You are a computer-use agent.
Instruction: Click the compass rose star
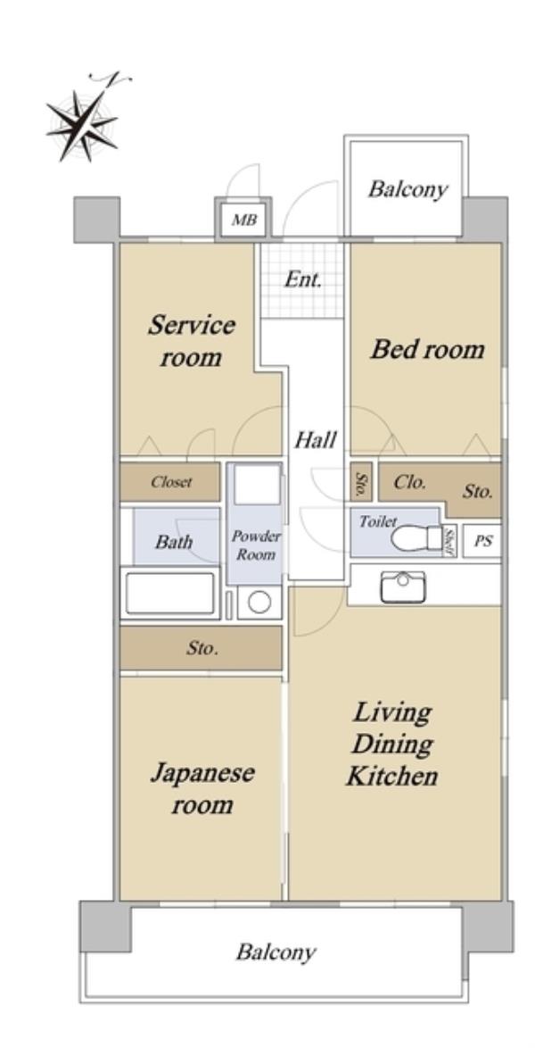[81, 125]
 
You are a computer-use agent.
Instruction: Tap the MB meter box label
[243, 220]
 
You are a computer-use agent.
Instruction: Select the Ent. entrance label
[302, 279]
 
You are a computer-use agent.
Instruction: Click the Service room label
[191, 341]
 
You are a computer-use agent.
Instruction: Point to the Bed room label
[427, 349]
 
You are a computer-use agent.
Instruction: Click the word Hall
[316, 440]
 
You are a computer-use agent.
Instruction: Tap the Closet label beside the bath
[171, 482]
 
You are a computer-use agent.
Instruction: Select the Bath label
[174, 541]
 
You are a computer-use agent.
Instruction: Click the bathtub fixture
[170, 593]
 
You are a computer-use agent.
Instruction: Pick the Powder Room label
[256, 545]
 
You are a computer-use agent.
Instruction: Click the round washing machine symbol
[259, 603]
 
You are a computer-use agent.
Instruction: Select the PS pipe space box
[482, 541]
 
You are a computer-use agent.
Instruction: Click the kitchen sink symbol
[402, 586]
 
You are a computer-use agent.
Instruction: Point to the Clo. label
[409, 483]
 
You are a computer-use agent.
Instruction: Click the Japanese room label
[202, 788]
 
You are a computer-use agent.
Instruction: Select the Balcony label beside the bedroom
[407, 190]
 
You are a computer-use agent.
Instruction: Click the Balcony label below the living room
[276, 951]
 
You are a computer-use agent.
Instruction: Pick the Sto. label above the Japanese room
[202, 648]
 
